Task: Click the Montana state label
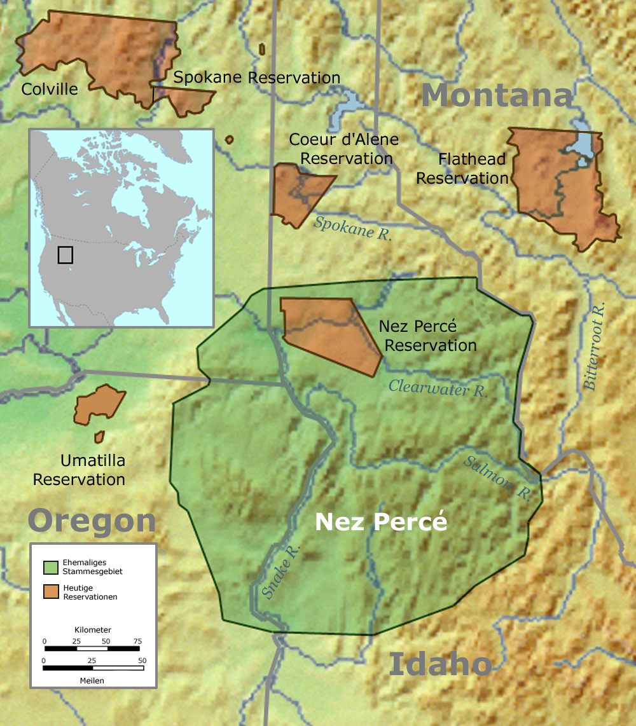(x=497, y=95)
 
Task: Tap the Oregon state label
(x=92, y=521)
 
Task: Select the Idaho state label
(x=440, y=664)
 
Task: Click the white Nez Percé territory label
(x=381, y=522)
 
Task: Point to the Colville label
(x=50, y=89)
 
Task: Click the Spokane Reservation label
(x=257, y=78)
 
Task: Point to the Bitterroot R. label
(x=594, y=346)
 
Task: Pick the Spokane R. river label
(x=353, y=228)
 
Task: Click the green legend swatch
(x=52, y=566)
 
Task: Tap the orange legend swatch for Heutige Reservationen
(x=52, y=592)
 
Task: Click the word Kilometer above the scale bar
(x=93, y=629)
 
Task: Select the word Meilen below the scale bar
(x=93, y=680)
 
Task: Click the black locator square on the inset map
(x=65, y=255)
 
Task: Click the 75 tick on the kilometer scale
(x=137, y=641)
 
